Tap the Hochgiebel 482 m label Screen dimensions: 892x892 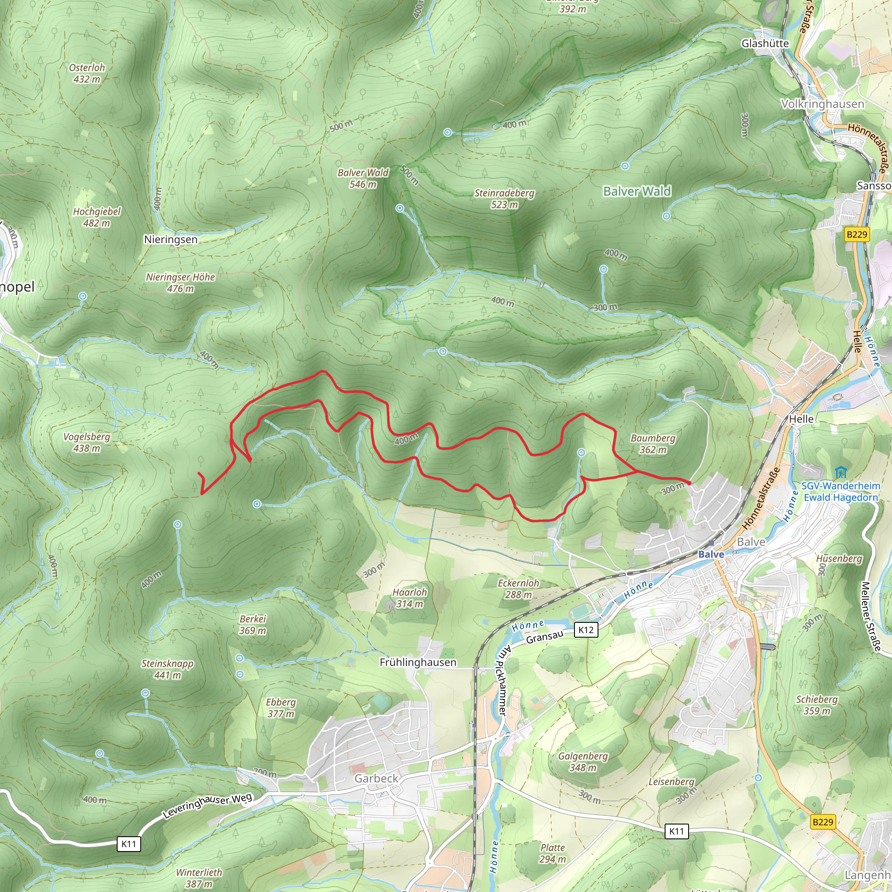click(x=97, y=217)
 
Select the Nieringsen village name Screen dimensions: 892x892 click(x=170, y=240)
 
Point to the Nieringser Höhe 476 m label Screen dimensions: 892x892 click(x=180, y=283)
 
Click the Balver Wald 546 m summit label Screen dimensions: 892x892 click(x=363, y=178)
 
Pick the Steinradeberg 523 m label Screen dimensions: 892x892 click(x=504, y=199)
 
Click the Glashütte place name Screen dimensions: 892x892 click(x=765, y=44)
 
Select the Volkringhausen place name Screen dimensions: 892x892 click(x=822, y=104)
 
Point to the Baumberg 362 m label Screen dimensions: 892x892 click(x=653, y=444)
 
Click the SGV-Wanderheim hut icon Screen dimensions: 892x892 click(x=841, y=473)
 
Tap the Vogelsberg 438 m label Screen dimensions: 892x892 click(x=87, y=443)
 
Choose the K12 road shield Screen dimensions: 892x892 click(x=586, y=630)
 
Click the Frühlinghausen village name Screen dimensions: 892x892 click(x=418, y=662)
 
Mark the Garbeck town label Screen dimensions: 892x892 click(x=376, y=778)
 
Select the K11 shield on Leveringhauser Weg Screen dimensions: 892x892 click(x=129, y=844)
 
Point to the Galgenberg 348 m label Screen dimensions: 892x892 click(x=583, y=762)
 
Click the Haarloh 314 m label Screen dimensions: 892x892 click(x=409, y=598)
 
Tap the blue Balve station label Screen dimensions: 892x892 click(x=711, y=554)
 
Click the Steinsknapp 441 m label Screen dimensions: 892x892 click(x=167, y=669)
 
